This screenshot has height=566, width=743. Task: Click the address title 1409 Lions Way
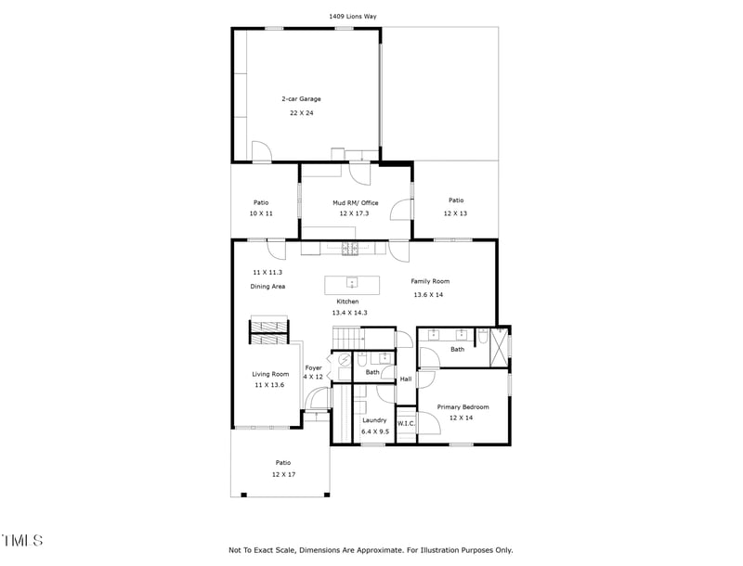tap(352, 17)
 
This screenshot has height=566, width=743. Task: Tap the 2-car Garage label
tap(301, 98)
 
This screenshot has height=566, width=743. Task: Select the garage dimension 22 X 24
tap(301, 113)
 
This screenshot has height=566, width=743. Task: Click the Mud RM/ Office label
tap(356, 201)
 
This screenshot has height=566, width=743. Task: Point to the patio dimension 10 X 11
tap(261, 213)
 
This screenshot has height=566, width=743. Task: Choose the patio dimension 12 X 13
tap(455, 213)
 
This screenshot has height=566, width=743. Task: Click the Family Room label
tap(430, 281)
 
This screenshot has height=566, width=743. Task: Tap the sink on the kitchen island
tap(352, 283)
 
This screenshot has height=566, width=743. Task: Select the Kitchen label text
tap(347, 302)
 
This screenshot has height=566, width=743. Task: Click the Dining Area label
tap(267, 287)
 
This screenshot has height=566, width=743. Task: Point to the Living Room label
tap(270, 374)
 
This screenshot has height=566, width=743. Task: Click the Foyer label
tap(313, 367)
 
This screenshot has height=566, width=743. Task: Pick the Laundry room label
tap(374, 420)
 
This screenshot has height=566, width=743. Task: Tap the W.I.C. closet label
tap(406, 423)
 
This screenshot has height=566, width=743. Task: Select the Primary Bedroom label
tap(463, 406)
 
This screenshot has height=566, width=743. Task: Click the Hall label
tap(406, 379)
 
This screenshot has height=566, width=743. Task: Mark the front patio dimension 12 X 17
tap(283, 474)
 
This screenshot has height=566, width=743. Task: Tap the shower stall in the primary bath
tap(500, 349)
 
